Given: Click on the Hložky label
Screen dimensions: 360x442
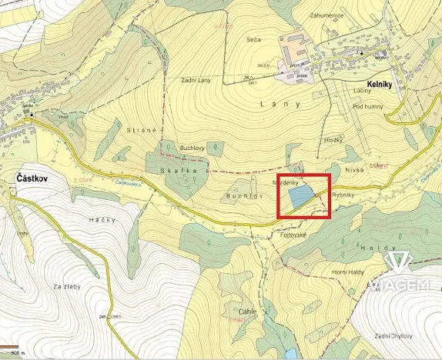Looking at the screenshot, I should [333, 141].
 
